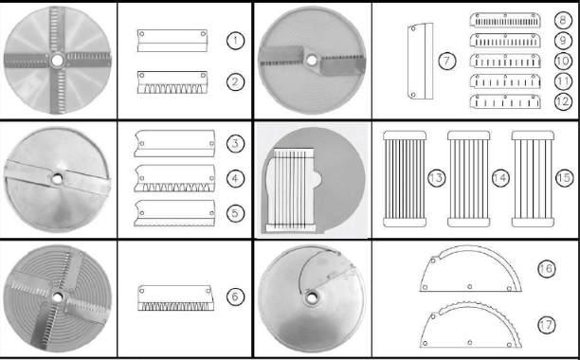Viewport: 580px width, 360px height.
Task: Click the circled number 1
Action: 235,41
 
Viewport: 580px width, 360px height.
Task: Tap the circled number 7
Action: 446,61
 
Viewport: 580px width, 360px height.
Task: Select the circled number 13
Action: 437,178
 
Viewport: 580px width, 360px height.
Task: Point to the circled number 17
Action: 546,325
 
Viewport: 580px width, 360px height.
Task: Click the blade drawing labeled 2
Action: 172,82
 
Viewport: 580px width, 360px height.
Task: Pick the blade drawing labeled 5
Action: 174,213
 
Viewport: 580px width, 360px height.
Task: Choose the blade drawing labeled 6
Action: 175,297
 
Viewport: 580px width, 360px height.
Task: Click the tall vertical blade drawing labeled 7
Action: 421,62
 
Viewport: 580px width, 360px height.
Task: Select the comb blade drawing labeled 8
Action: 505,20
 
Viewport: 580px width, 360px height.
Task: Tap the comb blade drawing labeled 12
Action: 505,101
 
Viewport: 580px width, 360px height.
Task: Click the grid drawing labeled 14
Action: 469,179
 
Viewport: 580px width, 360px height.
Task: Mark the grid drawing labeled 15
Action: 533,179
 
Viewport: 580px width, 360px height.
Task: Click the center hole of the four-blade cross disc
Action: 57,61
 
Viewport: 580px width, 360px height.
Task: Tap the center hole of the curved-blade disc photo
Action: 312,297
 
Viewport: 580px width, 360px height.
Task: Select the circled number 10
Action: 563,61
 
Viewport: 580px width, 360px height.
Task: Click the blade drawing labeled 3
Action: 174,143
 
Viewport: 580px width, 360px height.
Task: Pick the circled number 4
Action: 235,179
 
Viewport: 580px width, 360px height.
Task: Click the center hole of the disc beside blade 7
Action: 312,61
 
